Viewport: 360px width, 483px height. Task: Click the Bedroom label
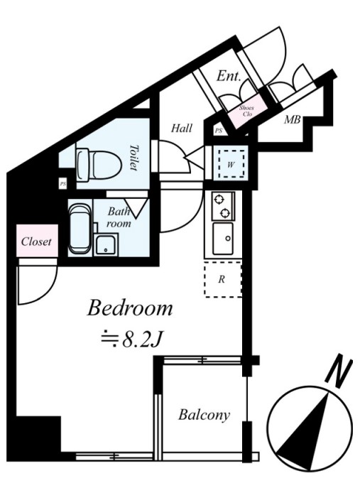(x=130, y=308)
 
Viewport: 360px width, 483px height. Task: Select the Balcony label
(x=204, y=415)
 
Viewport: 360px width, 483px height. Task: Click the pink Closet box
(x=37, y=241)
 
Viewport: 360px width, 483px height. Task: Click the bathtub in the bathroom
(x=80, y=229)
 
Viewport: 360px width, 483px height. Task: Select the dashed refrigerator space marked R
(x=223, y=279)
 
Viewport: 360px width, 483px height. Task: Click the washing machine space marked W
(x=231, y=163)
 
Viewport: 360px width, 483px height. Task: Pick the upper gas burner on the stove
(x=219, y=200)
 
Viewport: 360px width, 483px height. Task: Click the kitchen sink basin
(x=223, y=239)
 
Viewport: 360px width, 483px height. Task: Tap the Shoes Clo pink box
(x=247, y=112)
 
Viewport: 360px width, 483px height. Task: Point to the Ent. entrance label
(x=228, y=76)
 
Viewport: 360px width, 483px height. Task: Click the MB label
(x=292, y=119)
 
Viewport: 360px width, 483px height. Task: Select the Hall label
(x=182, y=128)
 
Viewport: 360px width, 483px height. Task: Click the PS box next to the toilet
(x=63, y=184)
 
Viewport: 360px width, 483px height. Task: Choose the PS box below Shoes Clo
(x=218, y=131)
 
